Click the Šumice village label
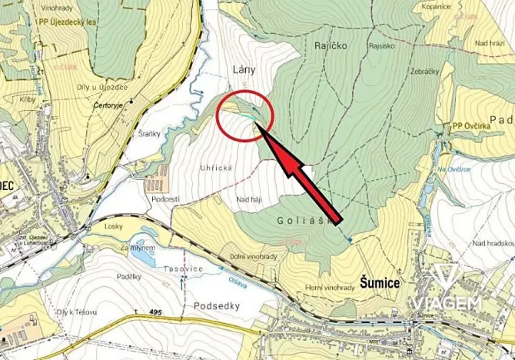380,283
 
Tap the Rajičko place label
331,46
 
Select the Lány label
243,70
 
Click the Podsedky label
219,305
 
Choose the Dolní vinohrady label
253,256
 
